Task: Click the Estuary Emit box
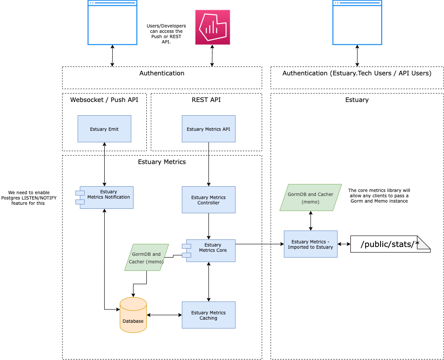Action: click(104, 129)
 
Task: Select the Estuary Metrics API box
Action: click(208, 129)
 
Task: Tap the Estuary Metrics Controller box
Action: click(208, 200)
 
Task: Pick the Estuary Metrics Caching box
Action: click(208, 315)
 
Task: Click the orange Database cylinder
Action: click(133, 316)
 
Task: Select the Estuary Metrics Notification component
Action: click(106, 197)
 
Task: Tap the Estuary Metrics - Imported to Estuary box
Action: click(310, 244)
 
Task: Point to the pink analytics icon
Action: click(212, 27)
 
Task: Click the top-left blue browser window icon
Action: click(112, 23)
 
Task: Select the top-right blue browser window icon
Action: click(357, 23)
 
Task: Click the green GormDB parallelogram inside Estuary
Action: click(310, 198)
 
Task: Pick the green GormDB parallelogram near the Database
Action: click(146, 258)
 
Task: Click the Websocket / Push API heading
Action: click(104, 100)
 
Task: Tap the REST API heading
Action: click(206, 100)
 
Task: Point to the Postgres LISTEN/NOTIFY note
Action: click(29, 198)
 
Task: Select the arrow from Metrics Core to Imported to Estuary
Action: click(259, 244)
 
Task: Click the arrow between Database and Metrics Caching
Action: click(164, 315)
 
